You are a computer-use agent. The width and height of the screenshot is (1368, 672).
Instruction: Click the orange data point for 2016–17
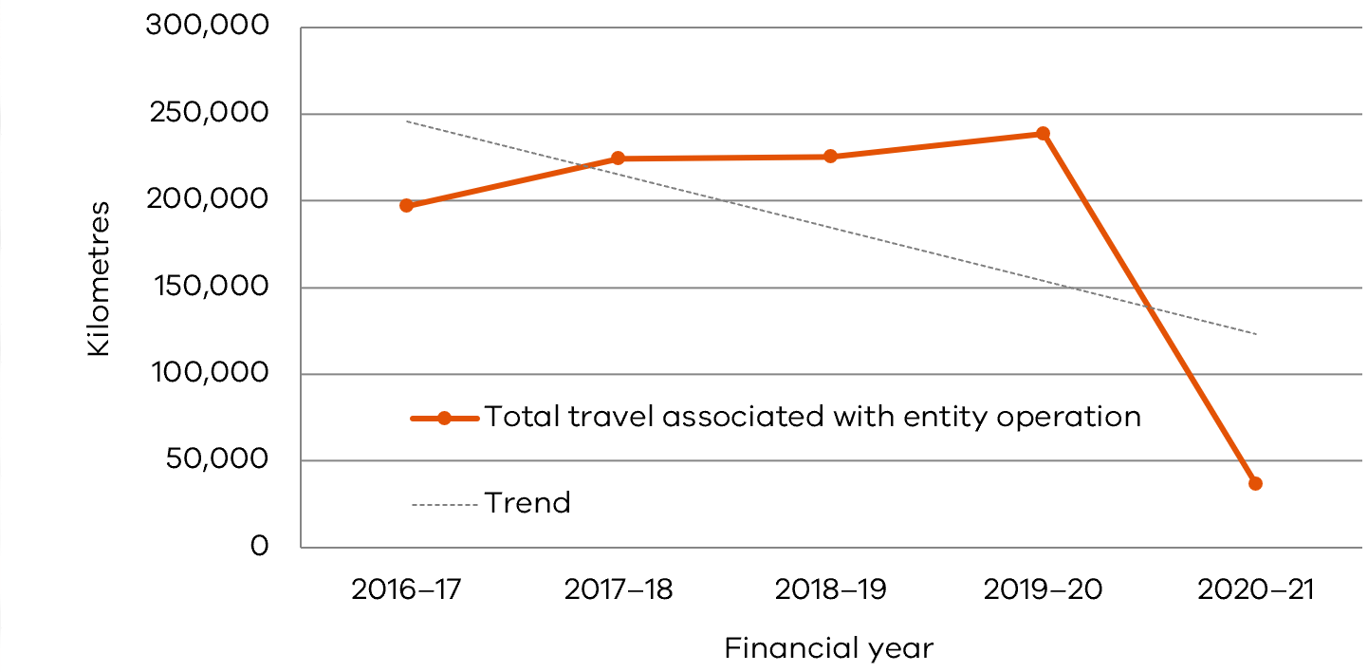click(x=406, y=205)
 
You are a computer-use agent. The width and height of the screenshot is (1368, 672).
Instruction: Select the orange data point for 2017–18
click(x=618, y=159)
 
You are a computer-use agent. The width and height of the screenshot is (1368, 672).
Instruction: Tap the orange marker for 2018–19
click(x=830, y=157)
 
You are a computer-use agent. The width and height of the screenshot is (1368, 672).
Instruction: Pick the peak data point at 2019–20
click(x=1043, y=134)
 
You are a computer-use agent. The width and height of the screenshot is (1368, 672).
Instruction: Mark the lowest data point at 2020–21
click(x=1255, y=483)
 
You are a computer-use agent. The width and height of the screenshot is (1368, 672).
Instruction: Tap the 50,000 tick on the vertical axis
click(x=215, y=461)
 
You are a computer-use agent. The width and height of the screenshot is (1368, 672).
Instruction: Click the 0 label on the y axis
click(x=260, y=548)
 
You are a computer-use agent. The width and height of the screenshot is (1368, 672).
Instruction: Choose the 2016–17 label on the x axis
click(x=406, y=590)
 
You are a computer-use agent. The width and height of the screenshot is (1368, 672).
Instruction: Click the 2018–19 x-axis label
click(x=830, y=590)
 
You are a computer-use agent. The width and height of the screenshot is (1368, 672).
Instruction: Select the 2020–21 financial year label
click(x=1255, y=590)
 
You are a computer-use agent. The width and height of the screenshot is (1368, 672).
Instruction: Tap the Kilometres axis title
click(x=100, y=278)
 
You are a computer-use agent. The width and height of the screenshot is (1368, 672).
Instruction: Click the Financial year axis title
click(x=828, y=649)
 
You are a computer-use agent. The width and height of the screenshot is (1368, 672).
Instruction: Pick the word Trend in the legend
click(x=527, y=503)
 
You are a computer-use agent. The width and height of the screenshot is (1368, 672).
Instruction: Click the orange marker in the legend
click(x=444, y=418)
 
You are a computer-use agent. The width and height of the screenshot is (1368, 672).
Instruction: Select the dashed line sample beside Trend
click(x=444, y=504)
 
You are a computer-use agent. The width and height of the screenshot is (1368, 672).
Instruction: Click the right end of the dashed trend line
click(x=1254, y=333)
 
